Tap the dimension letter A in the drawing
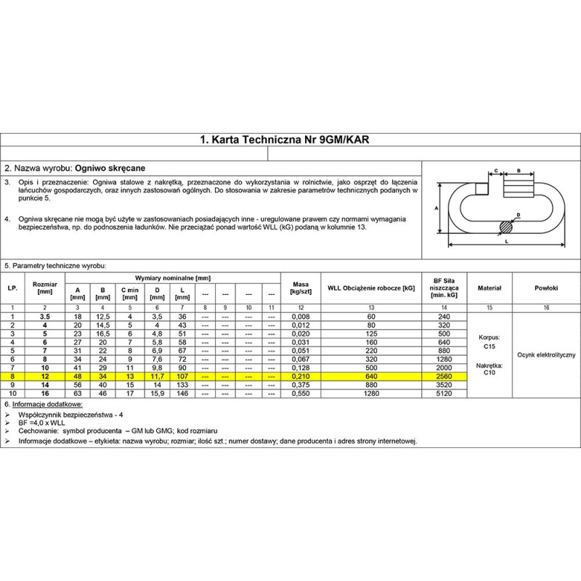point(436,207)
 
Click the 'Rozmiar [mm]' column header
point(44,289)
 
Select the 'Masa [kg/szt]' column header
point(301,289)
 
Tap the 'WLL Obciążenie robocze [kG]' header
point(371,289)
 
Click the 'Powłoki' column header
point(545,289)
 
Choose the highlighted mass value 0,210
point(301,377)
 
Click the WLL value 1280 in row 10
point(371,393)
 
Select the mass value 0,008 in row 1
point(301,317)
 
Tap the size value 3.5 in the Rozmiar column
point(44,317)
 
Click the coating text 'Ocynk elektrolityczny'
point(545,354)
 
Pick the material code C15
point(489,347)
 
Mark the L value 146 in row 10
point(182,393)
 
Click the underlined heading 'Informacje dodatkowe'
point(48,403)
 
